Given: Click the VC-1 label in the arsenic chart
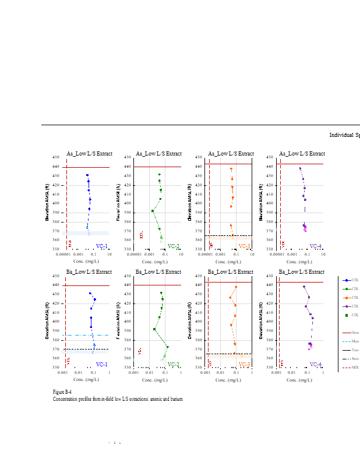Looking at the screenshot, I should tap(101, 246).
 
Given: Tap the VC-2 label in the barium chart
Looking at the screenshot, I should tap(174, 365).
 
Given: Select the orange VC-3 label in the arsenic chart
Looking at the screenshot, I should tap(244, 246).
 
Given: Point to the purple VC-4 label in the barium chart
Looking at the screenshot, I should tap(316, 365).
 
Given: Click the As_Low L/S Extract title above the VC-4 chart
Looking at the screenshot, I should tap(302, 154).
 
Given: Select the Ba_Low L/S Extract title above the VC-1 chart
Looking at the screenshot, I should tap(89, 272).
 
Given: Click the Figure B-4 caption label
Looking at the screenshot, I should tap(62, 392).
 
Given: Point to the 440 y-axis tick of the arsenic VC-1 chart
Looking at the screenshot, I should tap(56, 167).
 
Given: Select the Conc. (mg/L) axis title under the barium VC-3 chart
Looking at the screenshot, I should tap(229, 379).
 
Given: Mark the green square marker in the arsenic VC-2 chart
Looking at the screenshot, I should tap(153, 211).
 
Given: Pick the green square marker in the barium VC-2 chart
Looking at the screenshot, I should tap(154, 329).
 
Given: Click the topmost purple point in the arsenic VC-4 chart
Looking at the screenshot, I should tap(300, 168).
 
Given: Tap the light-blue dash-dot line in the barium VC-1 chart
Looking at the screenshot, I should tap(87, 335).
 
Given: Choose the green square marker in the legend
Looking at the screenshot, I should tap(347, 315).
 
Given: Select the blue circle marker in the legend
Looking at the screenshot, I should tap(347, 280).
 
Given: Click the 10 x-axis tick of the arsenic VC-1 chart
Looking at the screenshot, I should tap(110, 254).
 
